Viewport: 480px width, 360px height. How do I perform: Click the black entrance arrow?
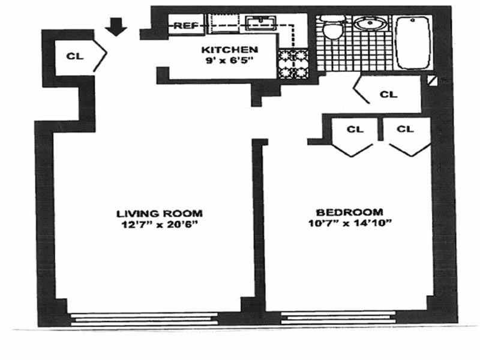pyautogui.click(x=116, y=26)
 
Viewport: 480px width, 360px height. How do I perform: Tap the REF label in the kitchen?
pyautogui.click(x=186, y=25)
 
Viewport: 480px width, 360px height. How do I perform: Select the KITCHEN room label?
pyautogui.click(x=230, y=50)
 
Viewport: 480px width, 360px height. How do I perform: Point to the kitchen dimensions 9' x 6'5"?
pyautogui.click(x=229, y=60)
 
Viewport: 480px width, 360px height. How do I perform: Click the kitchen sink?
pyautogui.click(x=260, y=24)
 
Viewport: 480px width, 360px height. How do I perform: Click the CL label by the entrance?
pyautogui.click(x=74, y=56)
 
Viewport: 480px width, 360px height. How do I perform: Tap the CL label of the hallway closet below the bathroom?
pyautogui.click(x=389, y=94)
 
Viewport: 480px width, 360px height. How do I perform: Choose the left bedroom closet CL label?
pyautogui.click(x=355, y=128)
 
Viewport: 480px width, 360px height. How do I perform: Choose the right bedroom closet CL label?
pyautogui.click(x=406, y=128)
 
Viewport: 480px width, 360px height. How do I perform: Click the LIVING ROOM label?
pyautogui.click(x=159, y=213)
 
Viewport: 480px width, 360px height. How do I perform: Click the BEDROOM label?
pyautogui.click(x=349, y=212)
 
